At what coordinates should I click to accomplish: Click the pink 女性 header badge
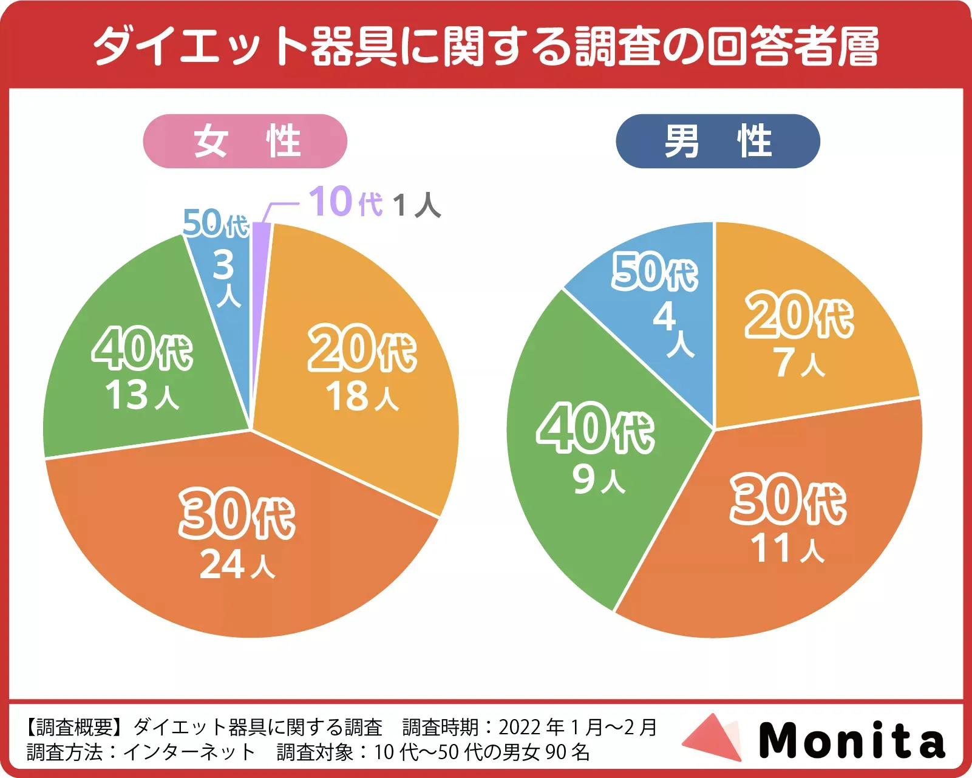[245, 141]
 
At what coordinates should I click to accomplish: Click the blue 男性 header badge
[718, 141]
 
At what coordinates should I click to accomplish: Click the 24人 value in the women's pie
[237, 565]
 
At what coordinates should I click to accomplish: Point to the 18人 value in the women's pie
[362, 397]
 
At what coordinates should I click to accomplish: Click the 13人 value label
[142, 395]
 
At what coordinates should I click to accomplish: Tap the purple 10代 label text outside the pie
[346, 202]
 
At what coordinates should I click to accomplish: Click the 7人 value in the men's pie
[798, 363]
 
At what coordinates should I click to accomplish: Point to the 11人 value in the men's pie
[787, 548]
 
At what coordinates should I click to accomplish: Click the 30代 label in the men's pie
[788, 499]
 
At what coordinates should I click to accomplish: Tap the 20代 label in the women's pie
[362, 349]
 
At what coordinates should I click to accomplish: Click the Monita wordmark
[852, 740]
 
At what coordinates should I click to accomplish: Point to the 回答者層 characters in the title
[792, 46]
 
